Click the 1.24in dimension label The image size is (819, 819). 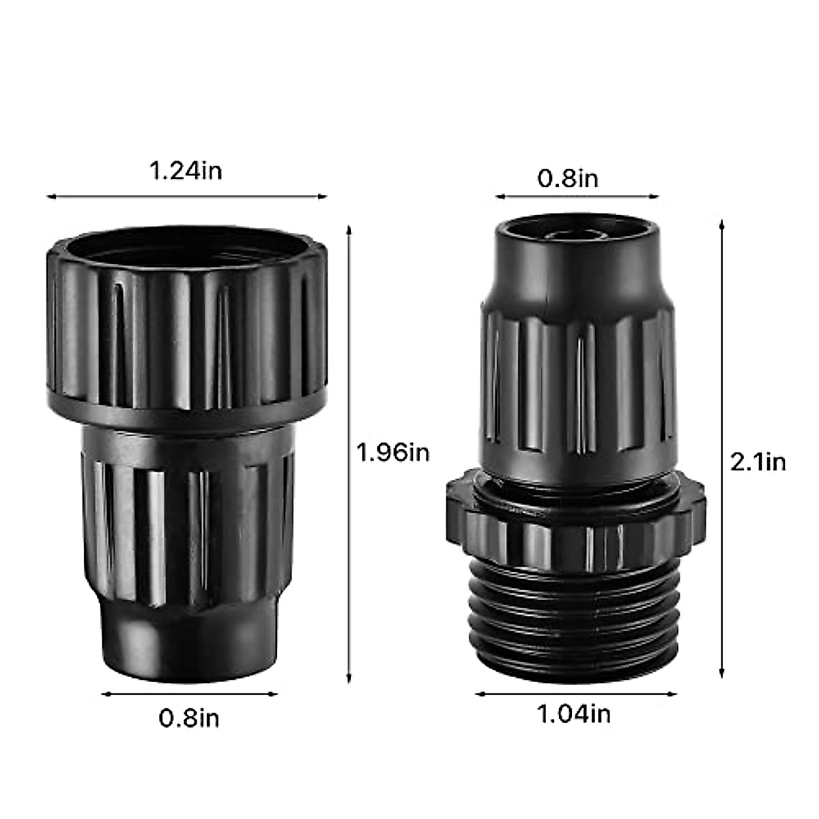[x=186, y=171]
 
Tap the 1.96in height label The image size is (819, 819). [x=394, y=452]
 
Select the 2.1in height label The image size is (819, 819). [x=758, y=463]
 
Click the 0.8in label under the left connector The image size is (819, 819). [x=189, y=718]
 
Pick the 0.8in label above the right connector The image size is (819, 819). [x=568, y=179]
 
